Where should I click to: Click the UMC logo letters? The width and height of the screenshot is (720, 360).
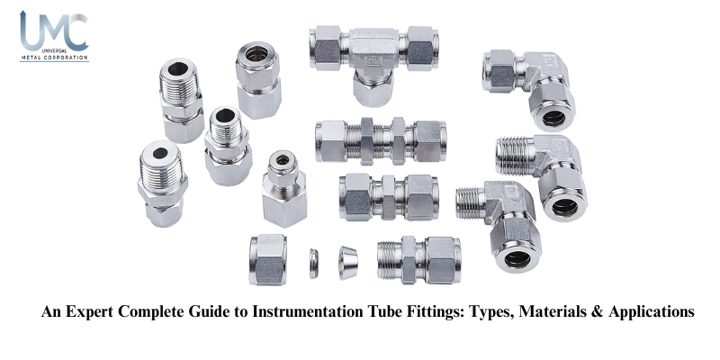click(x=54, y=31)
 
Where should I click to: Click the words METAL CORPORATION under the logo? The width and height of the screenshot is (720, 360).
click(x=54, y=58)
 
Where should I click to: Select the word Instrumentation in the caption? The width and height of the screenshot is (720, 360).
click(x=308, y=311)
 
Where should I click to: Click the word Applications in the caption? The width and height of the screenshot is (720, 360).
click(x=652, y=312)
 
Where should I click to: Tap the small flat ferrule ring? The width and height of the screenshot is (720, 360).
click(x=313, y=264)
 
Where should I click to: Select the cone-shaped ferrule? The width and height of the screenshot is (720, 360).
click(x=348, y=263)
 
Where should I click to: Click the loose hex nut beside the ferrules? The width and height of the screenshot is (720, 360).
click(x=268, y=259)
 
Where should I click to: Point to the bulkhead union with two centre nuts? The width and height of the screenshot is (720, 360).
click(x=381, y=141)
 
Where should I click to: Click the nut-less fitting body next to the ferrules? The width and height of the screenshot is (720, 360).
click(x=419, y=260)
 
